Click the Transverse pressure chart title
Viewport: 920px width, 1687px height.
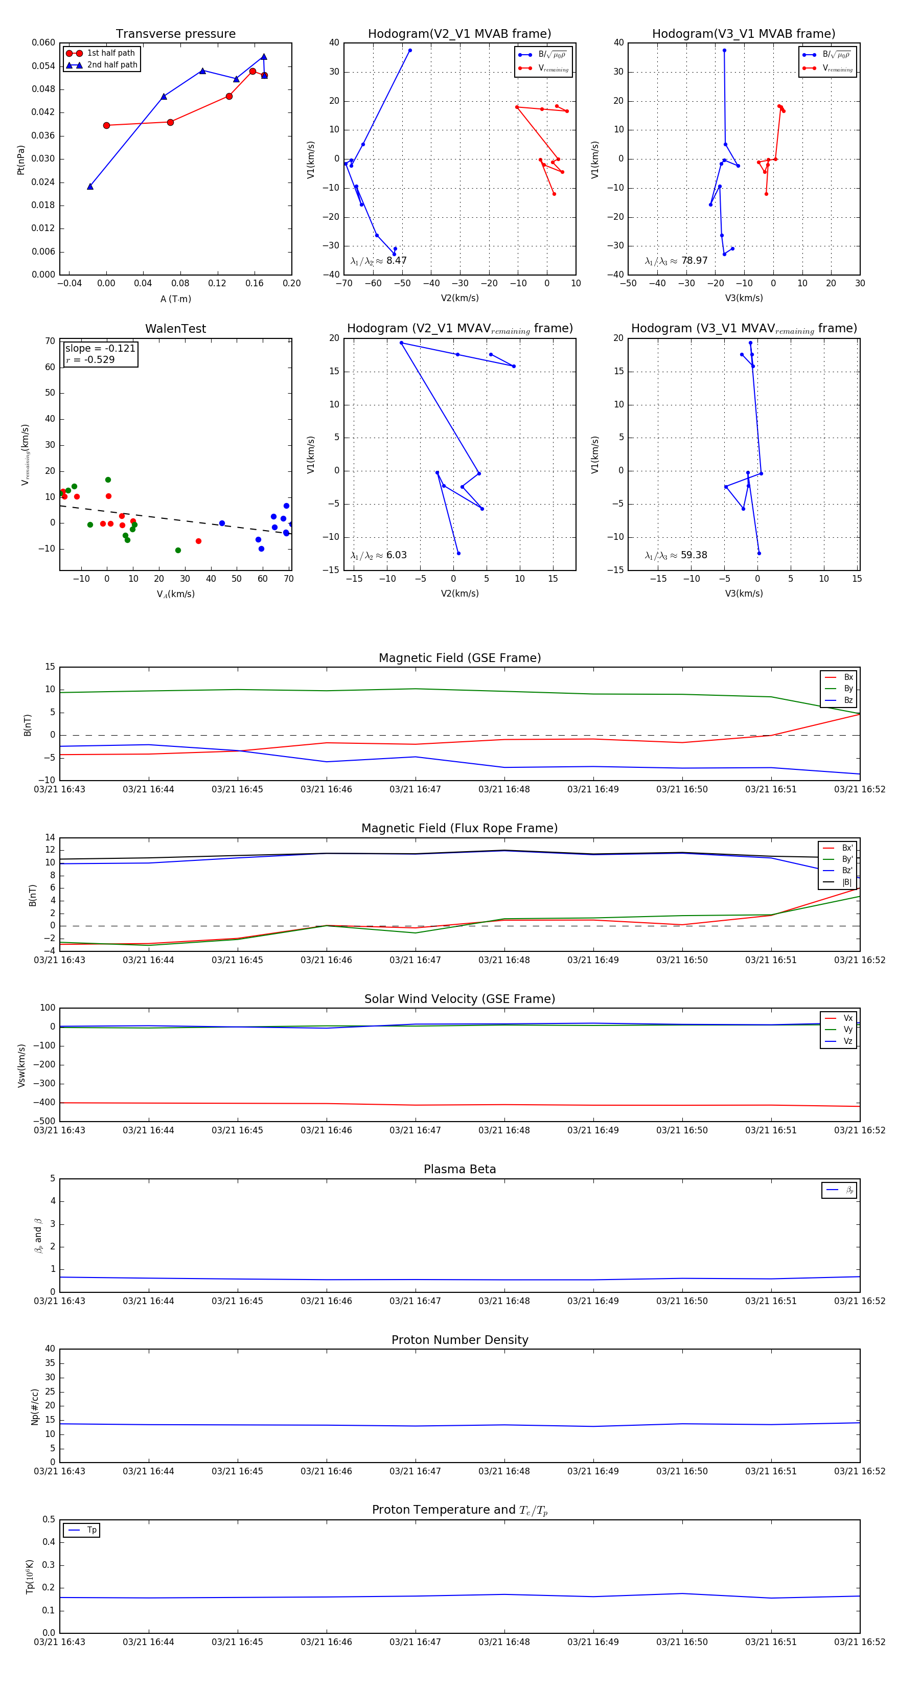coord(175,34)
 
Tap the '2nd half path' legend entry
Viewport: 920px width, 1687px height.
coord(112,65)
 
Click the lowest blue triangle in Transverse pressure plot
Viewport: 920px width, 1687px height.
coord(90,187)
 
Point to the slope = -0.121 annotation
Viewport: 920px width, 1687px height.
coord(100,349)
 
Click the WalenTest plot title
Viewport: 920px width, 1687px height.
coord(175,329)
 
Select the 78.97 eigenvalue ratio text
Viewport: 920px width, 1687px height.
coord(694,261)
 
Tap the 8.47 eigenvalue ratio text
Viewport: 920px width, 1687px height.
coord(396,261)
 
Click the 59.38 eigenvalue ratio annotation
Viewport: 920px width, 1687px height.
coord(694,555)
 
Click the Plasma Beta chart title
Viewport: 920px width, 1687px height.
coord(459,1170)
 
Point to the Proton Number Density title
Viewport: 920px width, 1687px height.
coord(459,1340)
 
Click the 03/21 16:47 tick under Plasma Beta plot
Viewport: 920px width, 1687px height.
coord(415,1301)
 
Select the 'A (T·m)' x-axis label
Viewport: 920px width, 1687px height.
coord(175,299)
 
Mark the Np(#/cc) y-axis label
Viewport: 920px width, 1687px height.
coord(35,1406)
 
